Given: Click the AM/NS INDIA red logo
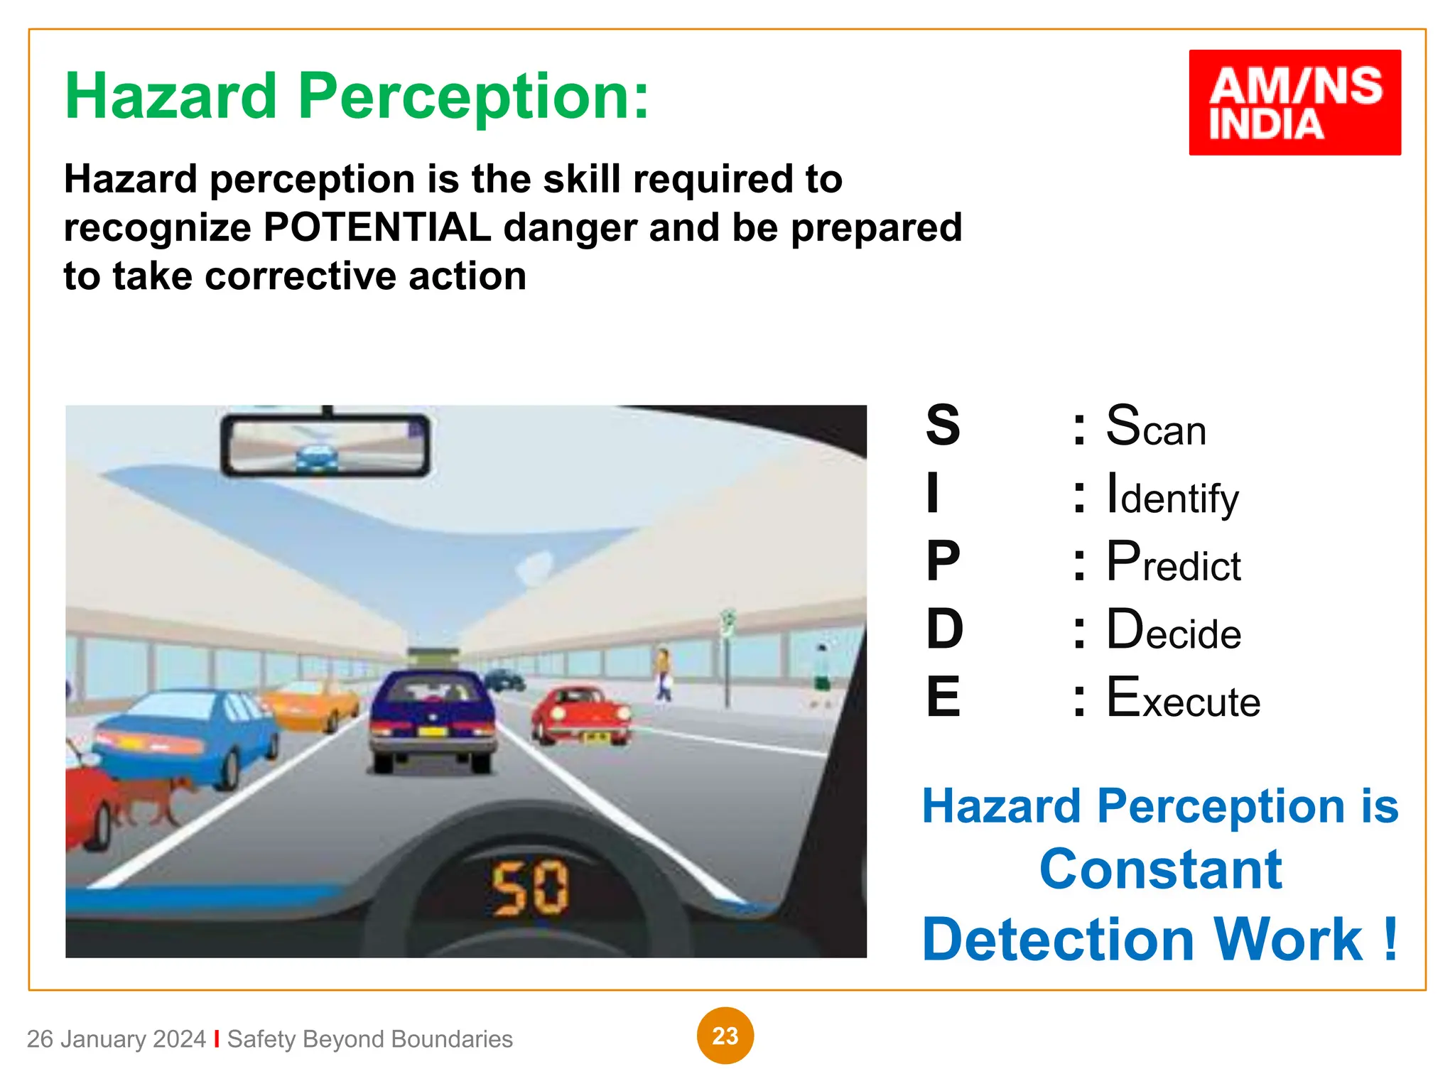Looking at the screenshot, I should pyautogui.click(x=1294, y=102).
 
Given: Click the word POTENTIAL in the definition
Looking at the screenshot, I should pyautogui.click(x=377, y=228).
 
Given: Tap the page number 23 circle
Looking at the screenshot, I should pyautogui.click(x=725, y=1036).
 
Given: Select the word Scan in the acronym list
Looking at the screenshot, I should pyautogui.click(x=1156, y=427).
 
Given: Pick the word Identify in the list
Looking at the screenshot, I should pyautogui.click(x=1172, y=495).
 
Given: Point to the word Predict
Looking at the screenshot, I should pyautogui.click(x=1174, y=563).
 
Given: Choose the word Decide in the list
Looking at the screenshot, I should pyautogui.click(x=1174, y=631).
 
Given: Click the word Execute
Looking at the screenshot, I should pyautogui.click(x=1183, y=699).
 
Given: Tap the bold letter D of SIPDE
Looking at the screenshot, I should pyautogui.click(x=944, y=630).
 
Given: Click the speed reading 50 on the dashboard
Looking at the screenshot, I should pyautogui.click(x=530, y=888).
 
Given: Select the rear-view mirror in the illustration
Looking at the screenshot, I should pyautogui.click(x=325, y=445).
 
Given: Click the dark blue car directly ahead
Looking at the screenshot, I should pyautogui.click(x=433, y=717).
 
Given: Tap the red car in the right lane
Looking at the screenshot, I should pyautogui.click(x=581, y=714).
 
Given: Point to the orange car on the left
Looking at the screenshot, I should pyautogui.click(x=313, y=703).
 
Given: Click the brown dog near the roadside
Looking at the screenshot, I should pyautogui.click(x=153, y=799).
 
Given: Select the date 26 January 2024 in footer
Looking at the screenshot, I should pyautogui.click(x=116, y=1039).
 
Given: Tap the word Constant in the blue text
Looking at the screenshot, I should pyautogui.click(x=1160, y=869).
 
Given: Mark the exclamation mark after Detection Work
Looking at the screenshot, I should pyautogui.click(x=1390, y=939).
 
